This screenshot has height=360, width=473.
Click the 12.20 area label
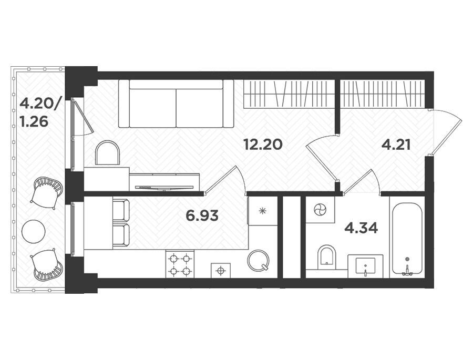pos(263,145)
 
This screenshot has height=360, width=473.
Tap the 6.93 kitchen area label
pos(202,216)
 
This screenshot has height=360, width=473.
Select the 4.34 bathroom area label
pos(361,228)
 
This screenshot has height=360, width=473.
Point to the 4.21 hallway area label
pos(396,145)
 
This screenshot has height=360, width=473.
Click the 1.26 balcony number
pos(34,122)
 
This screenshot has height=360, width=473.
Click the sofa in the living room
pos(176,104)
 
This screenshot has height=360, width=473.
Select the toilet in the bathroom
pos(327,257)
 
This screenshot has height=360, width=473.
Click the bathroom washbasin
pos(365,266)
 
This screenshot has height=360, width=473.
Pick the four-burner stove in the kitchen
pos(180,264)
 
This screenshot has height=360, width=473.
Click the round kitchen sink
pos(258,260)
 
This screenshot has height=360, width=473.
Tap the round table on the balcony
pos(34,231)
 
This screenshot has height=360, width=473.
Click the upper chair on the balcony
pos(47,192)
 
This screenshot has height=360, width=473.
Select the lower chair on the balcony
pos(46,264)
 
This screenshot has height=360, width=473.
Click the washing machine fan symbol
pos(320,209)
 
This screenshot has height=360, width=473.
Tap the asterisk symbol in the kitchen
pos(262,211)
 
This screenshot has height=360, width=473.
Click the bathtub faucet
pos(407,270)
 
